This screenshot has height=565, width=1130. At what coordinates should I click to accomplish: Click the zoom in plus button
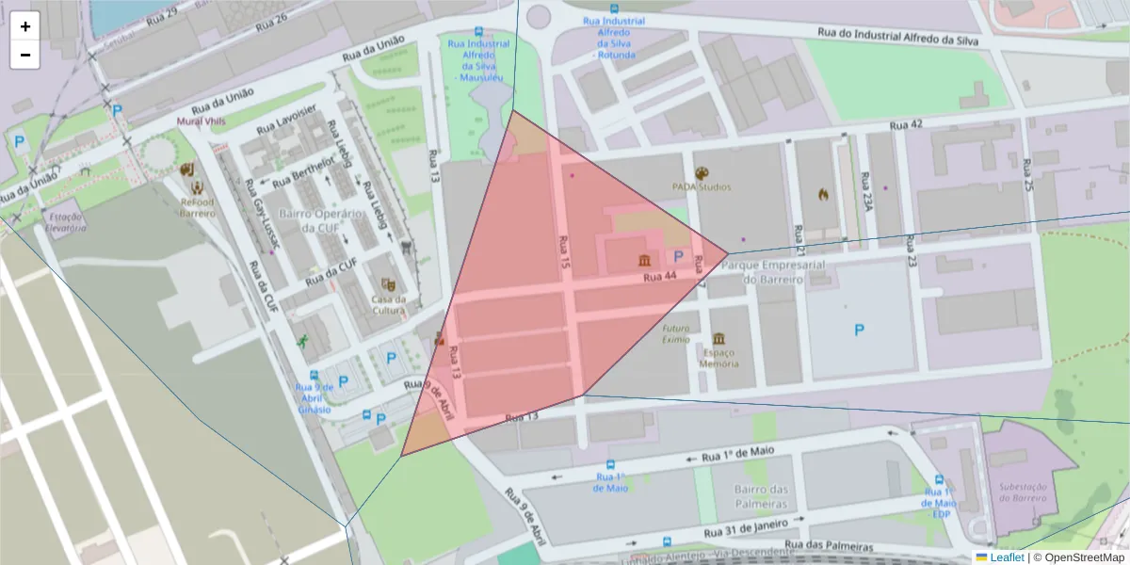pyautogui.click(x=25, y=26)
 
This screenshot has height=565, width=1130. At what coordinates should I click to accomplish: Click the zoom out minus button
pyautogui.click(x=25, y=55)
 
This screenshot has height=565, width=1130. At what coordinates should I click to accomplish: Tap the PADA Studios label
pyautogui.click(x=702, y=186)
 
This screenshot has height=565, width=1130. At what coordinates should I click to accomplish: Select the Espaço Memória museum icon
pyautogui.click(x=718, y=339)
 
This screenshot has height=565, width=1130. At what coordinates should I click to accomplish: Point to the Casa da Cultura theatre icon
pyautogui.click(x=387, y=283)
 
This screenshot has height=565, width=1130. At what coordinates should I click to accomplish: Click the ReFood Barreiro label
pyautogui.click(x=198, y=206)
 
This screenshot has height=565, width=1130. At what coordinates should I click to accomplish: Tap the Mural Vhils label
pyautogui.click(x=202, y=121)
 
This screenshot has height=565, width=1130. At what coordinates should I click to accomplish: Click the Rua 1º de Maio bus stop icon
pyautogui.click(x=610, y=465)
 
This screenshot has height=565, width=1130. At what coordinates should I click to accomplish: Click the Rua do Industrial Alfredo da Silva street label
pyautogui.click(x=898, y=37)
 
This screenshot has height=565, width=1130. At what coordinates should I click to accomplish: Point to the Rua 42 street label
pyautogui.click(x=905, y=124)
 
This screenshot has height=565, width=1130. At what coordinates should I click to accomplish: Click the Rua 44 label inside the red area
pyautogui.click(x=659, y=277)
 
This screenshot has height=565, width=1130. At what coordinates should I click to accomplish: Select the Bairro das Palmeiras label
pyautogui.click(x=762, y=496)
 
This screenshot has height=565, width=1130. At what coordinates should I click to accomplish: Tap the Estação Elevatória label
pyautogui.click(x=66, y=221)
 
